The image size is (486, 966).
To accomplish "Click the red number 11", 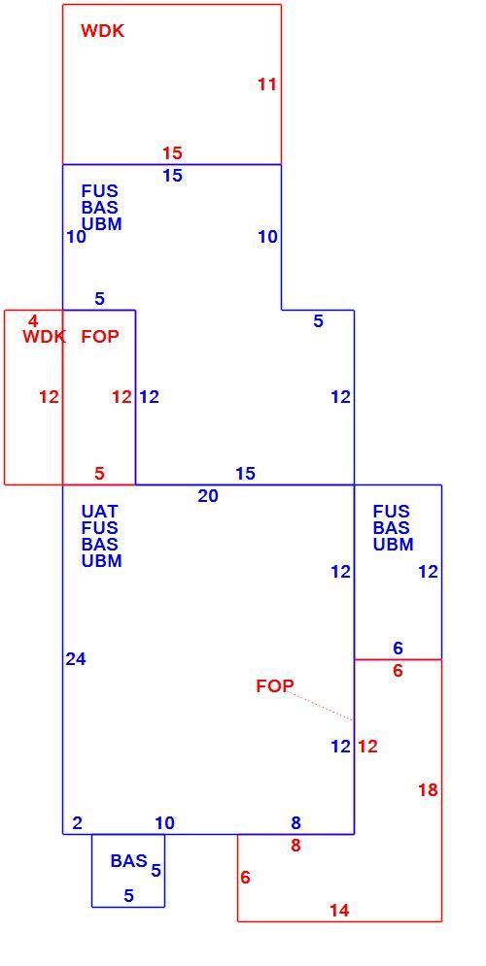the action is point(267,84).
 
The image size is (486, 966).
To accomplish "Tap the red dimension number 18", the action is point(428,790).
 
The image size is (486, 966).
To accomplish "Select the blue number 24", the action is point(76,659).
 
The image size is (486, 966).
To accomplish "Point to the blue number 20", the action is point(208,496).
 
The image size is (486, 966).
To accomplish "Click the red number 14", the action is point(339,910).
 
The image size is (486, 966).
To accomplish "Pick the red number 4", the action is point(33,321).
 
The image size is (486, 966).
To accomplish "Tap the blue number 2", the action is point(77,823).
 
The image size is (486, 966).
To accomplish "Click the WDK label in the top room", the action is point(102,31).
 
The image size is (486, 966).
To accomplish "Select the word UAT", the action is point(100,512).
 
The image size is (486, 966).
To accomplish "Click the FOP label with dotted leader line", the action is point(275,685).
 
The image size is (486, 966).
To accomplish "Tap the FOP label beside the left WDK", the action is point(100,336).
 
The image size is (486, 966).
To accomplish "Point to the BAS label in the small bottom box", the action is point(129,860).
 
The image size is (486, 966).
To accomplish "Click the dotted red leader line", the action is point(320,706).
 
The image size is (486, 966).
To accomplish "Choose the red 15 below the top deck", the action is point(173,152).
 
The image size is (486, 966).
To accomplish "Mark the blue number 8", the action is point(296,822).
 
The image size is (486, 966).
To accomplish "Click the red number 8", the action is point(296,846).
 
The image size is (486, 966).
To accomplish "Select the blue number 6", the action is point(398,648).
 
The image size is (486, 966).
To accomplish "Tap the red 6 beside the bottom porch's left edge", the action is point(246,878).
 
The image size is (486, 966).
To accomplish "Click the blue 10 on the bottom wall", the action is point(164,823).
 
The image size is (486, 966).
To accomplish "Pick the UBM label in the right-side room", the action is point(394,545).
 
